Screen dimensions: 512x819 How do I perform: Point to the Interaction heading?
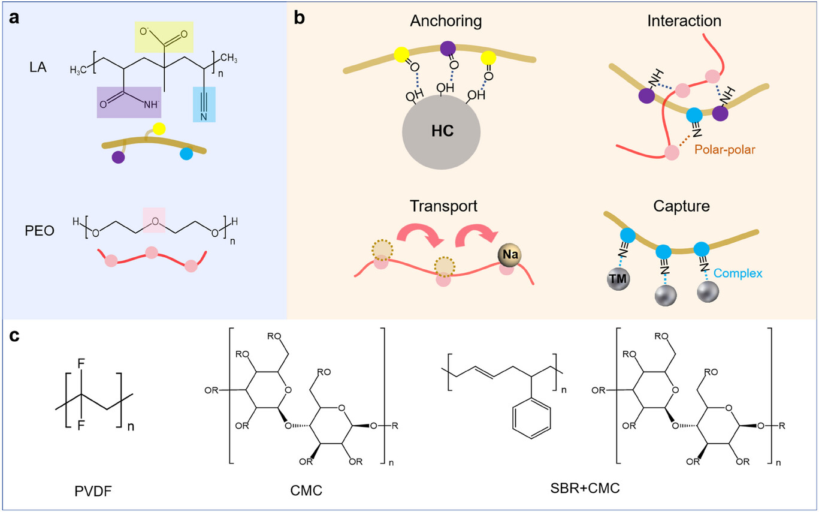click(684, 21)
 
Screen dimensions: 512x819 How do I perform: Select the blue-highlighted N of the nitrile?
click(204, 115)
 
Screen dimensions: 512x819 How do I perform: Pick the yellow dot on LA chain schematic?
click(158, 128)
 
